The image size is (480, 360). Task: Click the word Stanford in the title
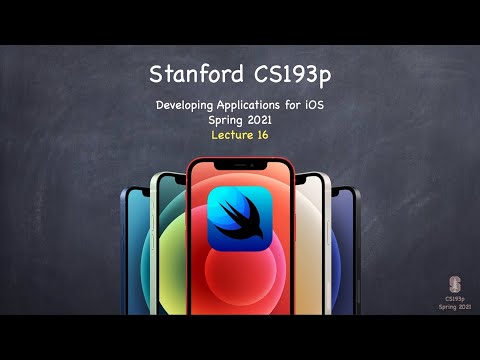pos(194,74)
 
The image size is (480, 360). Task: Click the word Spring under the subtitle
pos(226,119)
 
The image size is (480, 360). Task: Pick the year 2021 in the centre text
pos(259,119)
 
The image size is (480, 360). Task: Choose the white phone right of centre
pos(313,245)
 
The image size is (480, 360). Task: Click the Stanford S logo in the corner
pos(455,282)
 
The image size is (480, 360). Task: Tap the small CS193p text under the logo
pos(455,297)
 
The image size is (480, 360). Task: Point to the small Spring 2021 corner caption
pos(455,305)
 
